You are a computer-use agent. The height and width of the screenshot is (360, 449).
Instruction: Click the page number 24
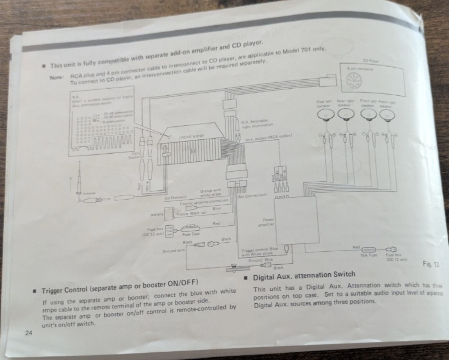(28, 333)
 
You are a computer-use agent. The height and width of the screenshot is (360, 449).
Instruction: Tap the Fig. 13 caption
(431, 264)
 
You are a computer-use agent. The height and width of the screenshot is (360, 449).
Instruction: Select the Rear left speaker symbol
(325, 114)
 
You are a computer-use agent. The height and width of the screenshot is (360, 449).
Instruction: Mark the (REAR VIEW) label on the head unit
(191, 136)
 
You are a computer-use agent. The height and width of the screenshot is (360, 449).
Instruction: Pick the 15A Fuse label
(369, 255)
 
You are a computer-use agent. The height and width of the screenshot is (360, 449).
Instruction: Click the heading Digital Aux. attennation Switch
(304, 275)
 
